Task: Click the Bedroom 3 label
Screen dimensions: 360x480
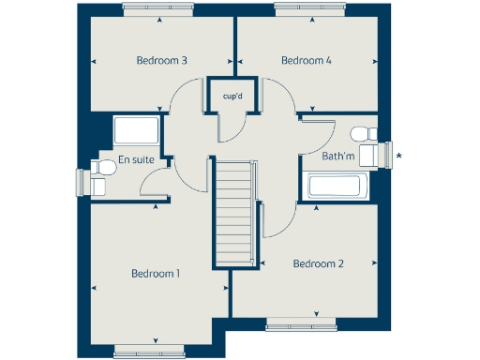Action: pos(162,61)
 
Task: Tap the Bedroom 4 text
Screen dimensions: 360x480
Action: pos(307,61)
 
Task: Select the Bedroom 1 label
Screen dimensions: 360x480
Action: pos(156,274)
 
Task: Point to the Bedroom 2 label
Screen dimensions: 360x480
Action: pos(318,263)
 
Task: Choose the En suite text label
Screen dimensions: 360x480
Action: pos(136,160)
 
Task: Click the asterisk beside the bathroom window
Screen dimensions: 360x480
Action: pos(399,156)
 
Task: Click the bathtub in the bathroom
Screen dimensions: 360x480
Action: pos(337,185)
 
